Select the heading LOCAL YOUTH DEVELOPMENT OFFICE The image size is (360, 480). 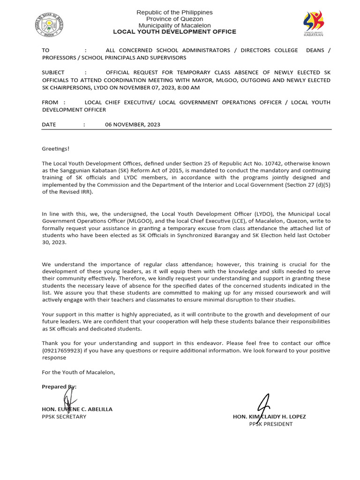(x=174, y=32)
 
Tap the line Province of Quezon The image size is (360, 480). (x=174, y=19)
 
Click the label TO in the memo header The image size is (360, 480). (x=45, y=50)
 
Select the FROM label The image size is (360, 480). (x=50, y=102)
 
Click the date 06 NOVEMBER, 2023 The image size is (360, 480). (x=133, y=125)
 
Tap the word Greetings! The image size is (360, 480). (x=55, y=149)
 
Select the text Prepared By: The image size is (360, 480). (x=59, y=387)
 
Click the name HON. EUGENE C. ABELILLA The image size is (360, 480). (x=77, y=409)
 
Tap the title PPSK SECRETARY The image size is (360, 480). (x=64, y=417)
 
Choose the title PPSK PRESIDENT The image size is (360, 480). (x=270, y=424)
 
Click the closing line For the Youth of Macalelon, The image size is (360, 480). (x=78, y=372)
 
